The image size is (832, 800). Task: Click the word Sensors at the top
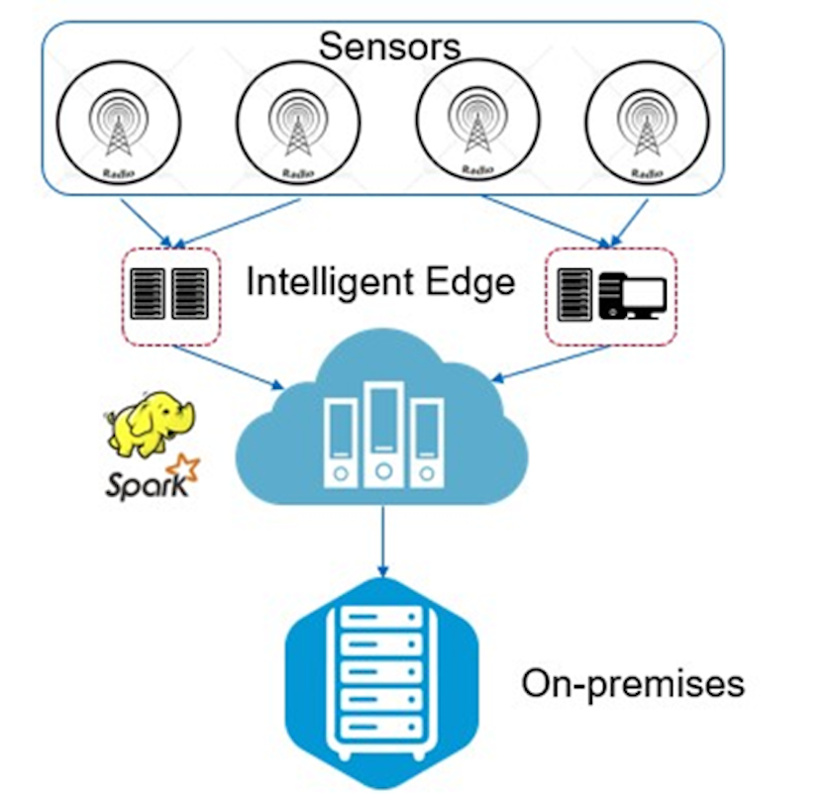click(x=389, y=46)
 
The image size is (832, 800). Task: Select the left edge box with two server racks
click(x=170, y=295)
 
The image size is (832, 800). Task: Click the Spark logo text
click(x=139, y=486)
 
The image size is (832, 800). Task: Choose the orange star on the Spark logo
click(x=180, y=465)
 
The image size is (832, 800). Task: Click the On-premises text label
click(x=633, y=683)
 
